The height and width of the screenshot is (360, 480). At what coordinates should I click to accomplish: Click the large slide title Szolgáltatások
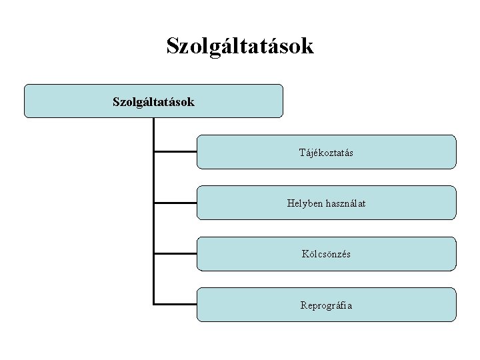(239, 46)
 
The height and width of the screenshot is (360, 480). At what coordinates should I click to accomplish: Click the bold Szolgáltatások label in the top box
(153, 102)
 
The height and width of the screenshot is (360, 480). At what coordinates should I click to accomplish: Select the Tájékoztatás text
(326, 153)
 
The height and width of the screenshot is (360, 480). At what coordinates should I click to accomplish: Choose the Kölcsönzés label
(326, 254)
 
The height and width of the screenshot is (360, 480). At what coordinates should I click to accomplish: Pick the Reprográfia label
(326, 305)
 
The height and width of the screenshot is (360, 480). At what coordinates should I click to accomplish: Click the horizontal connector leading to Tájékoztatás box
(175, 152)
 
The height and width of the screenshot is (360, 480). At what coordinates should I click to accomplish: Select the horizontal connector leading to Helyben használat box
(175, 203)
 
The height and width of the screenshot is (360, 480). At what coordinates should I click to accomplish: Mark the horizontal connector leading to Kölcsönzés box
(175, 254)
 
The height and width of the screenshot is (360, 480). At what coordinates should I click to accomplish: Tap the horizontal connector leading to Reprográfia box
(175, 305)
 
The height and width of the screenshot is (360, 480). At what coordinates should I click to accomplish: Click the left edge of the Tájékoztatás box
(197, 152)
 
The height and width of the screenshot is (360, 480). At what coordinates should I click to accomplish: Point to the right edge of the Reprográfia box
(456, 305)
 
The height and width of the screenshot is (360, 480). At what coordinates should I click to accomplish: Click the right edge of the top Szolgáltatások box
(283, 101)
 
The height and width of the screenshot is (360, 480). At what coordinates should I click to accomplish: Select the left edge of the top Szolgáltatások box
(25, 101)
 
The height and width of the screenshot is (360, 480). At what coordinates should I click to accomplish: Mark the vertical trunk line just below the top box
(154, 127)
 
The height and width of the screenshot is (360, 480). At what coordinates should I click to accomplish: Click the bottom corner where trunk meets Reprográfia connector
(154, 305)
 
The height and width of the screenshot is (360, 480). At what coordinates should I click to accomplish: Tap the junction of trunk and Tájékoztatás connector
(154, 152)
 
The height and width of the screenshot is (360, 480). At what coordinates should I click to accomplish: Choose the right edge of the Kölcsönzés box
(456, 254)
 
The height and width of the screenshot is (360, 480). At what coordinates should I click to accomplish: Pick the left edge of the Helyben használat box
(197, 203)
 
